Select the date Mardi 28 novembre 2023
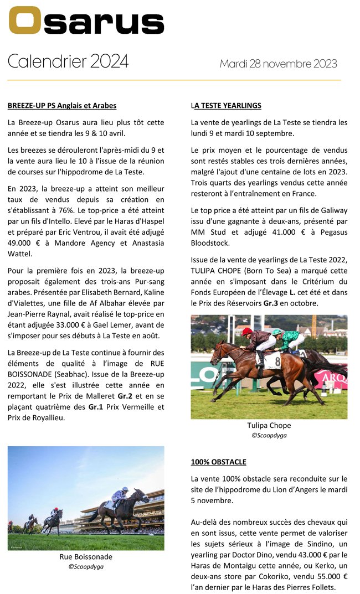(x=278, y=64)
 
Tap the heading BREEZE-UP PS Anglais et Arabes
(x=62, y=105)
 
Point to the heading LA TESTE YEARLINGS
(x=226, y=105)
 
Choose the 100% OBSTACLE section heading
(x=219, y=462)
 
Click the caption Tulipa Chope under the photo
(x=269, y=425)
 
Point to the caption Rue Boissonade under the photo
(x=86, y=556)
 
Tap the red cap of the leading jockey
(x=248, y=331)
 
